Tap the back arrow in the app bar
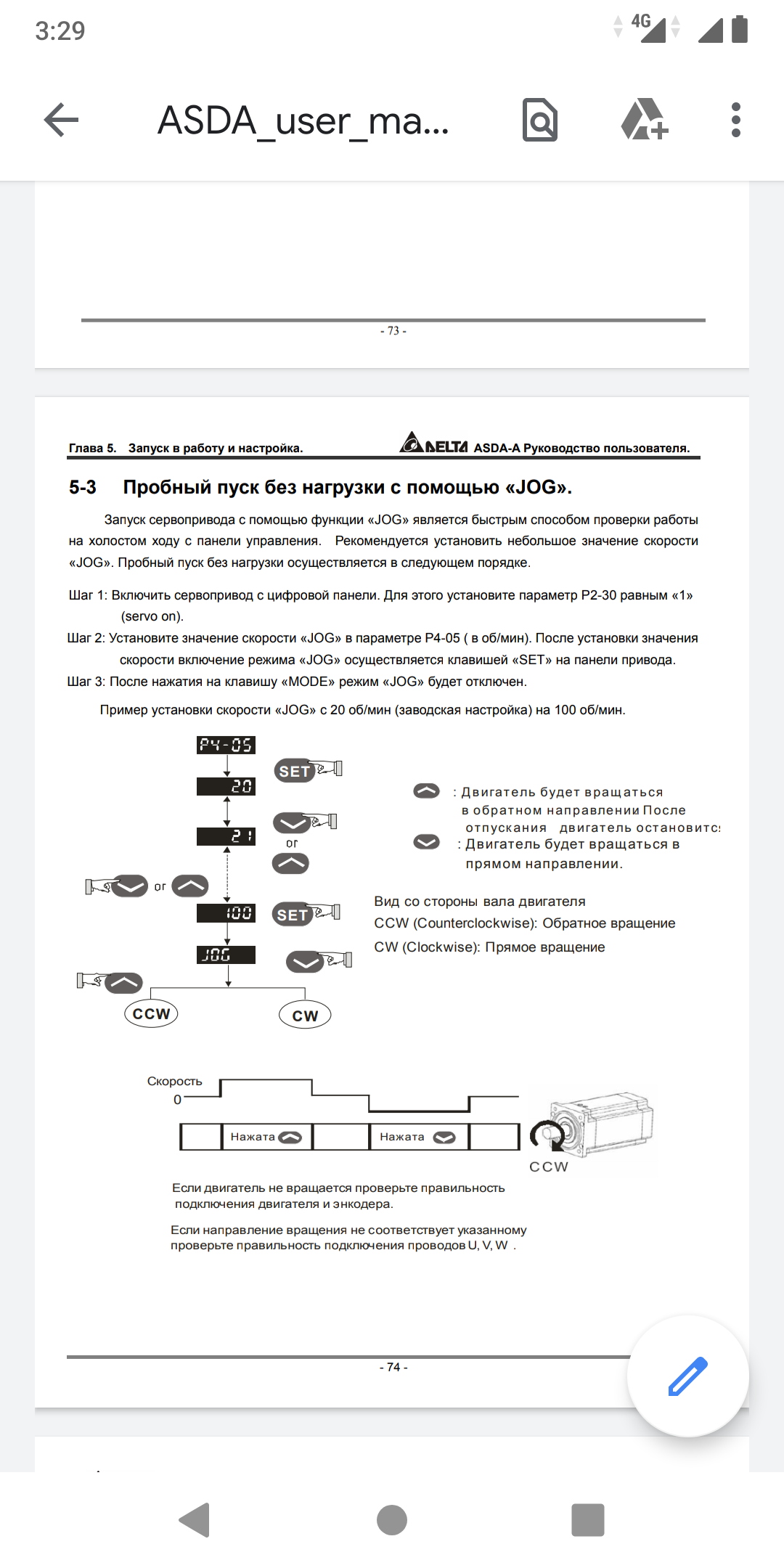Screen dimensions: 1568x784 tap(61, 120)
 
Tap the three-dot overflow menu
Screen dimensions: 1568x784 tap(735, 120)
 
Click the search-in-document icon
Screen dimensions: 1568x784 tap(540, 120)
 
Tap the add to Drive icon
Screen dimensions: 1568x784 tap(644, 120)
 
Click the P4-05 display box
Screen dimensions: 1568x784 tap(226, 745)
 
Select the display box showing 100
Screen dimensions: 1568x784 tap(226, 912)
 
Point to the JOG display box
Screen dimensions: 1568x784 tap(226, 955)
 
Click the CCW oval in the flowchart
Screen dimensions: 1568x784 tap(151, 1013)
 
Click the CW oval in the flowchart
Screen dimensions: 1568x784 tap(305, 1016)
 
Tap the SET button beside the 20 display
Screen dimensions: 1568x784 tap(294, 771)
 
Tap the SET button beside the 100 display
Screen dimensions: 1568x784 tap(293, 915)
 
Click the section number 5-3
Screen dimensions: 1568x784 tap(83, 487)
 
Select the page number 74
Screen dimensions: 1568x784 tap(393, 1367)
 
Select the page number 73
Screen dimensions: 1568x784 tap(393, 331)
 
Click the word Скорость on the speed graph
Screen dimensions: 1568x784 tap(174, 1081)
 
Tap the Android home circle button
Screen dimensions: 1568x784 tap(392, 1520)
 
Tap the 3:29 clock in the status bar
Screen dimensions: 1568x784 tap(60, 30)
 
